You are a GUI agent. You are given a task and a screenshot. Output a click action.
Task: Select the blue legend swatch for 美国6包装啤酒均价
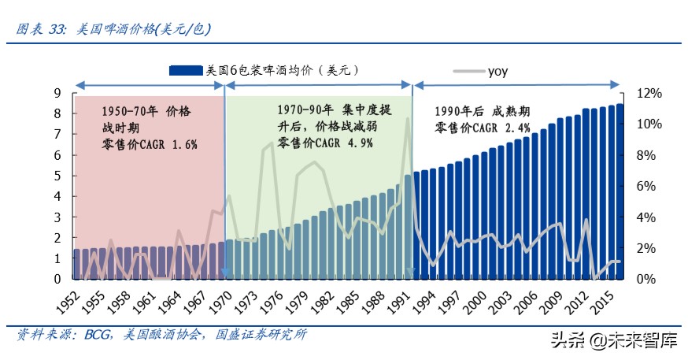tap(186, 70)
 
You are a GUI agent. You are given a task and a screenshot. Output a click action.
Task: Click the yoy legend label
tap(498, 71)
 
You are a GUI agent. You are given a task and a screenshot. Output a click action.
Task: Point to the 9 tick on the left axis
tap(57, 93)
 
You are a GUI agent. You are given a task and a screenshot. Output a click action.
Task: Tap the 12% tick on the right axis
tap(649, 93)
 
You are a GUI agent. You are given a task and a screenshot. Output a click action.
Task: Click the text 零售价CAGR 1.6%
tap(150, 145)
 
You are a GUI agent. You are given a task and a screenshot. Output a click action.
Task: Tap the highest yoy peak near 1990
tap(408, 119)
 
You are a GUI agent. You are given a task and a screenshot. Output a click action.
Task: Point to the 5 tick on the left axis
tap(57, 176)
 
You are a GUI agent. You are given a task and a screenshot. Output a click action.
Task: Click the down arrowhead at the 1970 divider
tap(224, 273)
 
